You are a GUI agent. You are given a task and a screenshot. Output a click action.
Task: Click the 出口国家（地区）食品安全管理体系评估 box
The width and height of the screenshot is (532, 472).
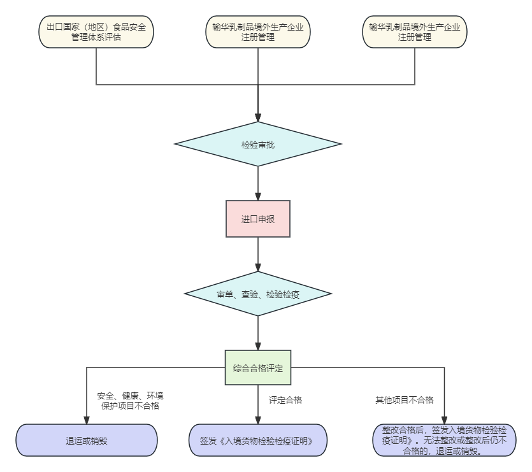[96, 32]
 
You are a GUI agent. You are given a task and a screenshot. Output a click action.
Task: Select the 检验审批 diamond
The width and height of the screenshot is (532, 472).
[258, 145]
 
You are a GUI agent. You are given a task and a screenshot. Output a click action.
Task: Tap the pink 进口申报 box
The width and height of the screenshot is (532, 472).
[258, 219]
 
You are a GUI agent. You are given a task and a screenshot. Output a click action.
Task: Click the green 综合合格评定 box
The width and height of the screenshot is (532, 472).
[258, 368]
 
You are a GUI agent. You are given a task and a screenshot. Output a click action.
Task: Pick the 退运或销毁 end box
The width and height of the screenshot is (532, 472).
[87, 440]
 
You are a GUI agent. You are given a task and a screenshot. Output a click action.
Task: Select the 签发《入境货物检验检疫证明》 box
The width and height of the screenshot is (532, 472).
[258, 440]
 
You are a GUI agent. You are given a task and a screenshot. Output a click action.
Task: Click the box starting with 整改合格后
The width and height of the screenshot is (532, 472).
[444, 440]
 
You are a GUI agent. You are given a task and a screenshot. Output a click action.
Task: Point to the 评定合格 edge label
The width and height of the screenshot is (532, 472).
[285, 400]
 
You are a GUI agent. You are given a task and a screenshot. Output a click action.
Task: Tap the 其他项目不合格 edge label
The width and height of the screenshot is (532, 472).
[404, 400]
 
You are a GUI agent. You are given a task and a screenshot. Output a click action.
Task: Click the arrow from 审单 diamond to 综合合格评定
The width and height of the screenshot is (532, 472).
[258, 333]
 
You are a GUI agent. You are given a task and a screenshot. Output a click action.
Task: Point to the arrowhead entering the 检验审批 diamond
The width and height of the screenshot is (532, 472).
[258, 118]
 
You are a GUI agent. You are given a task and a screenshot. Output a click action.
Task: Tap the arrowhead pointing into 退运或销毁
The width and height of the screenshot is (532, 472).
[87, 420]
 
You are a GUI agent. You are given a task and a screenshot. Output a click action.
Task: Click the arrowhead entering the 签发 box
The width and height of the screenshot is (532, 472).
[258, 420]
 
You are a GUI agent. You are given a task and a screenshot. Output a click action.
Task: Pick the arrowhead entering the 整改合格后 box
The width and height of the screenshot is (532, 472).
[444, 420]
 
